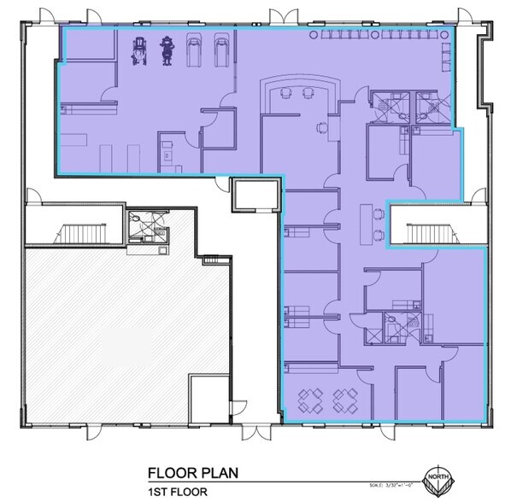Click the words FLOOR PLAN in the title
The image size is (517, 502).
(x=193, y=473)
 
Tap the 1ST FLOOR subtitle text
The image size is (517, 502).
(x=177, y=491)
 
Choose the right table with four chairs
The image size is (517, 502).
(x=345, y=399)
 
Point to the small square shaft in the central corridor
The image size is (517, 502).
(x=256, y=196)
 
